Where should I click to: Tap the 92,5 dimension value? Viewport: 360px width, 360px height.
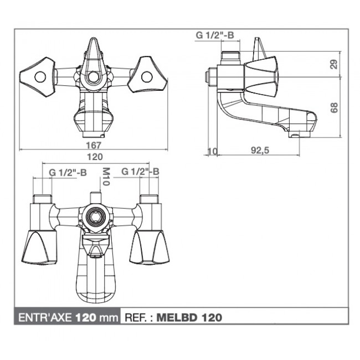(x=256, y=150)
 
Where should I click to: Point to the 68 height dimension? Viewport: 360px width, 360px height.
(x=334, y=107)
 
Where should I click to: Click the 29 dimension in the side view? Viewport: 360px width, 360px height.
(x=333, y=64)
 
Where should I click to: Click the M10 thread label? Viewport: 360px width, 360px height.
(x=106, y=176)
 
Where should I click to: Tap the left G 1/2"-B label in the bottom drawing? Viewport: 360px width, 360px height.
(x=68, y=172)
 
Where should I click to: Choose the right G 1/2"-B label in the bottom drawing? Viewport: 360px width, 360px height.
(x=140, y=172)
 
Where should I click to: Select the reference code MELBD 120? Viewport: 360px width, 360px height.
(x=190, y=317)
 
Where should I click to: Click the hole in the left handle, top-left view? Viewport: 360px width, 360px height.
(x=39, y=77)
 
